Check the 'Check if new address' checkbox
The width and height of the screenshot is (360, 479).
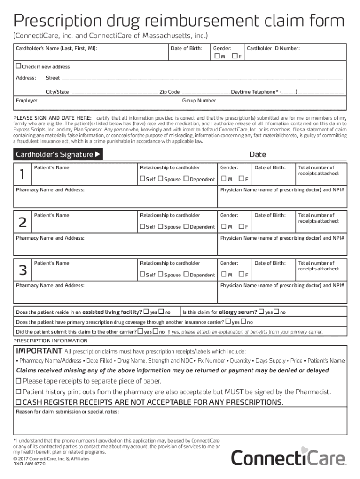(19, 66)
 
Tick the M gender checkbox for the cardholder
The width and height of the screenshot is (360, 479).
(216, 57)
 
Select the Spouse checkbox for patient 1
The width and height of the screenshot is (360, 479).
(161, 179)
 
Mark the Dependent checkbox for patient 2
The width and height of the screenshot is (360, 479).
(186, 227)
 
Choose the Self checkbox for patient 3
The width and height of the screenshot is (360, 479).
(143, 275)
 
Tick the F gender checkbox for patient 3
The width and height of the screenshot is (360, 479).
(242, 275)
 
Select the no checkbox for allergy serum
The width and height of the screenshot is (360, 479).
(276, 312)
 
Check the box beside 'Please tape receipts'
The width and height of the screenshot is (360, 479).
(19, 381)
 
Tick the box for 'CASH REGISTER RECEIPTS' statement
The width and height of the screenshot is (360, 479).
(19, 402)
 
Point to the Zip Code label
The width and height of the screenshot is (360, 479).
(170, 92)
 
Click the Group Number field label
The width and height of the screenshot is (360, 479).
(199, 101)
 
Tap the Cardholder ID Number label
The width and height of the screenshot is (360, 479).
(273, 48)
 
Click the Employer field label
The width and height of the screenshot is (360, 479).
(27, 101)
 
